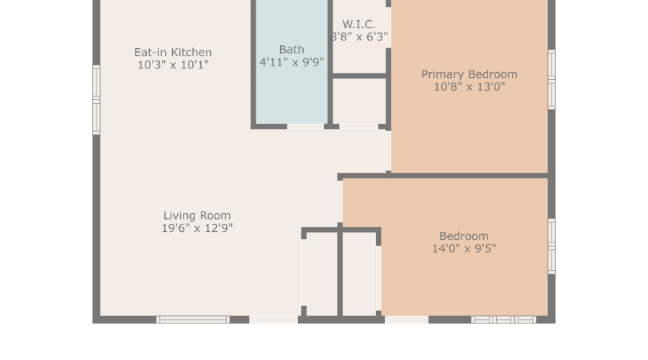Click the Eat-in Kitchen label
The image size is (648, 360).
[173, 53]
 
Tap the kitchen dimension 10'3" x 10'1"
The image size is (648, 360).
[173, 65]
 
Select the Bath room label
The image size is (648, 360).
[292, 50]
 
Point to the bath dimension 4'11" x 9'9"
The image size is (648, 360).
[292, 62]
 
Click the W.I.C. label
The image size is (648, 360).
[359, 24]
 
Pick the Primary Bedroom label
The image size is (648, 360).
[469, 74]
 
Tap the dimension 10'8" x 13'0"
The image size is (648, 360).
[469, 86]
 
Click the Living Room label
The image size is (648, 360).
[197, 215]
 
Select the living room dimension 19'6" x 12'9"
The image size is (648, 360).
[197, 228]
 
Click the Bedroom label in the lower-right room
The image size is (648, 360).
[464, 236]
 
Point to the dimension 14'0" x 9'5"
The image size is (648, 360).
[464, 249]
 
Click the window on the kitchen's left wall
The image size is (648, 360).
[96, 99]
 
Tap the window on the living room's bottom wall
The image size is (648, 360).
[193, 319]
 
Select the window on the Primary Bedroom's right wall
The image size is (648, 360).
[552, 79]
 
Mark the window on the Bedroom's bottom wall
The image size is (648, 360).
[503, 319]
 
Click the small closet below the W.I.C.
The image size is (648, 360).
[359, 101]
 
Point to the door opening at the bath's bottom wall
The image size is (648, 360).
[305, 127]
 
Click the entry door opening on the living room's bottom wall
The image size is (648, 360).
[274, 319]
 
